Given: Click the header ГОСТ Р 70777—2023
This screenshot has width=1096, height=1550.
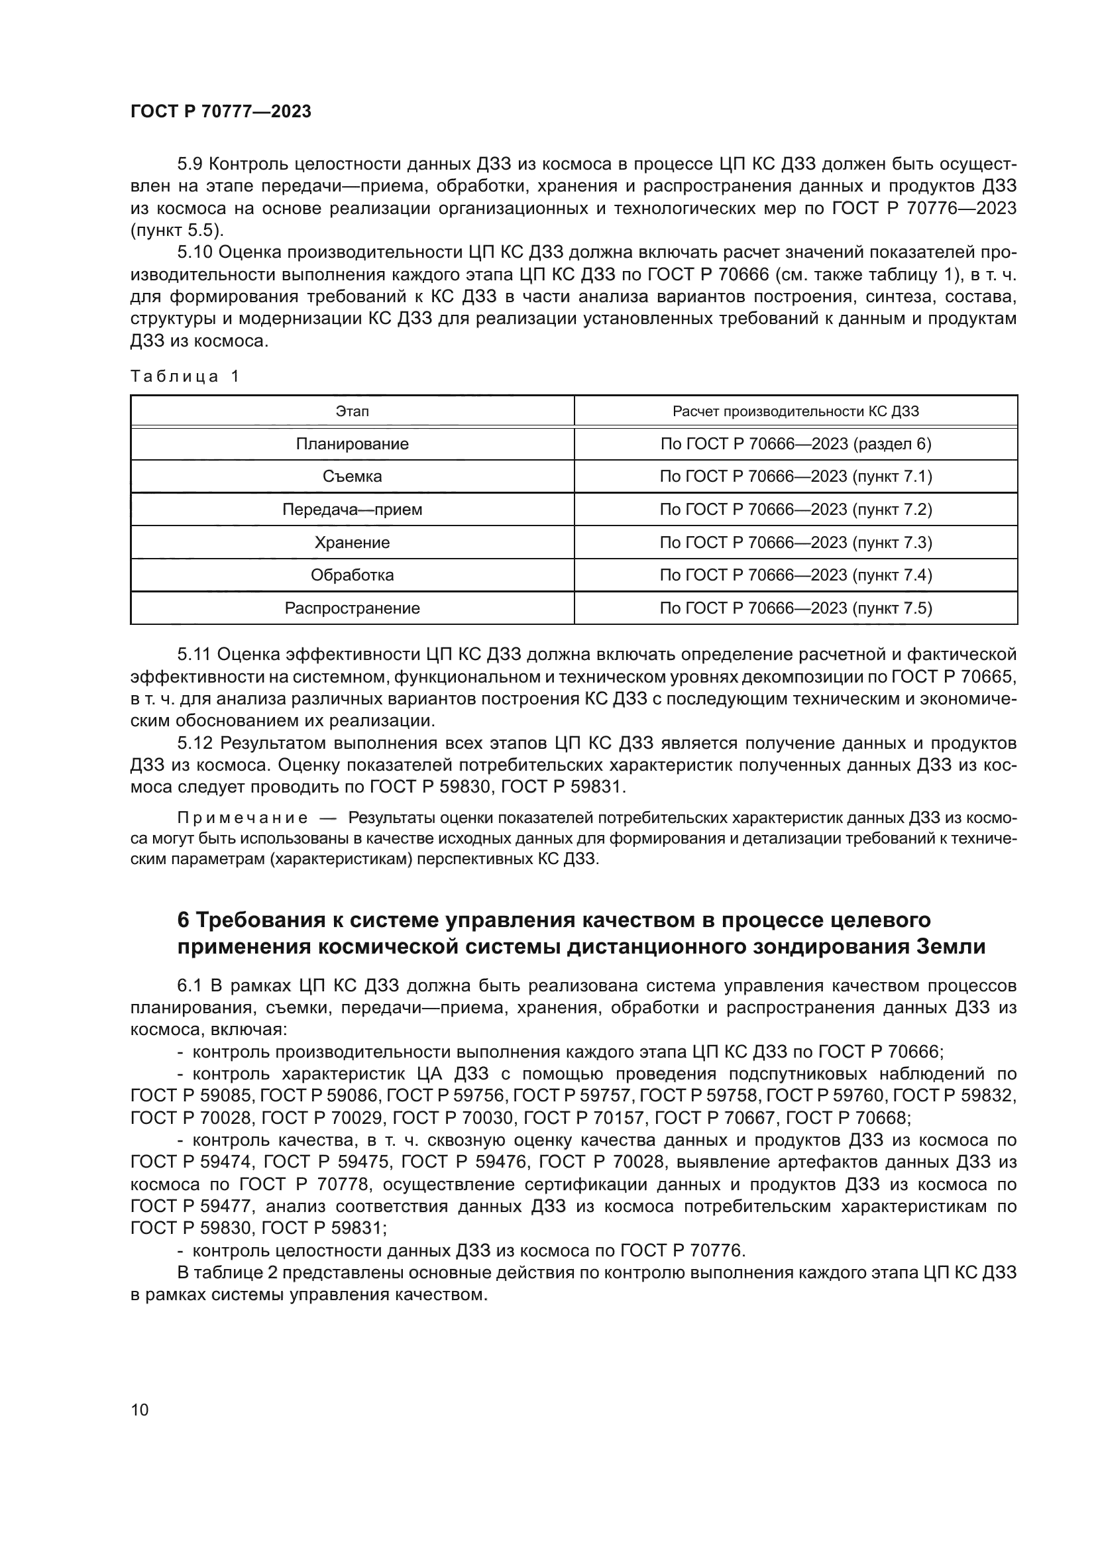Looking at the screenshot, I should (x=221, y=111).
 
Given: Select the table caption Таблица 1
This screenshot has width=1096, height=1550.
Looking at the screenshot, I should (x=185, y=376).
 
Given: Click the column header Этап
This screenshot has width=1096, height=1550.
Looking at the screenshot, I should (x=353, y=411).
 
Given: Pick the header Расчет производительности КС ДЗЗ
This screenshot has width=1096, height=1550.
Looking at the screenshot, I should (x=796, y=411).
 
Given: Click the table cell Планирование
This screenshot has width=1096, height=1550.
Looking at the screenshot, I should (x=353, y=443).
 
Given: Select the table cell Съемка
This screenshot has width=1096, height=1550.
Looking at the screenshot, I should (x=353, y=476).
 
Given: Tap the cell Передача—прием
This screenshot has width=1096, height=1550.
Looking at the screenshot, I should (x=353, y=509).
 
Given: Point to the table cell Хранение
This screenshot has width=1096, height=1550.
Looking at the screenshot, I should (x=353, y=542).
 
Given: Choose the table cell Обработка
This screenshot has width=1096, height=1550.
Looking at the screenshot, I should (x=353, y=575).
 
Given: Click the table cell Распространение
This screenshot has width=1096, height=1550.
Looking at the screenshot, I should (x=353, y=608).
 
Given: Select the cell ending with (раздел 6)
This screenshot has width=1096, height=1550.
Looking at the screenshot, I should (x=796, y=443).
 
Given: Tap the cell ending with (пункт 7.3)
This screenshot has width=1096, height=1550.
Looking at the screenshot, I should (x=796, y=542).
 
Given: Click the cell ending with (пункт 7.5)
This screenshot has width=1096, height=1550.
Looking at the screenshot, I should (x=796, y=608).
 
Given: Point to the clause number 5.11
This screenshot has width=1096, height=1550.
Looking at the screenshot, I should (x=194, y=654).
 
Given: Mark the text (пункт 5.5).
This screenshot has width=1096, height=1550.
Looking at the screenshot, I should (x=176, y=230).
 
